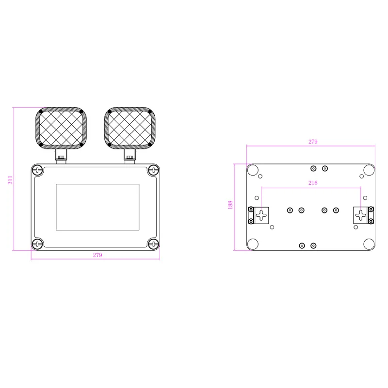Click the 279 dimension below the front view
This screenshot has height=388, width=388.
pyautogui.click(x=97, y=255)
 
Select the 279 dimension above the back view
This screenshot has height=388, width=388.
pyautogui.click(x=313, y=142)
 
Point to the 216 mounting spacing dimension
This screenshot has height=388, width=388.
pyautogui.click(x=313, y=183)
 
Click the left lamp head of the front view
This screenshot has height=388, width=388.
pyautogui.click(x=61, y=128)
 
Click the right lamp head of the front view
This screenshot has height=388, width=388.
pyautogui.click(x=130, y=128)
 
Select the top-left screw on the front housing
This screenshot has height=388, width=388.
pyautogui.click(x=37, y=170)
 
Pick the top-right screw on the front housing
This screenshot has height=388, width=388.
pyautogui.click(x=154, y=170)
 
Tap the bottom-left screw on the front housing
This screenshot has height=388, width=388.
pyautogui.click(x=37, y=243)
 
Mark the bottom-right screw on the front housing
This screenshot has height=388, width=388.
pyautogui.click(x=154, y=243)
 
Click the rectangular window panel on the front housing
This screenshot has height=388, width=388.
pyautogui.click(x=97, y=207)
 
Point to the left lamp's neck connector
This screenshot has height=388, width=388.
pyautogui.click(x=61, y=156)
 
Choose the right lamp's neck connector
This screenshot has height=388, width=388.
pyautogui.click(x=130, y=156)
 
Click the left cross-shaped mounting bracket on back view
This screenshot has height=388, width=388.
pyautogui.click(x=262, y=215)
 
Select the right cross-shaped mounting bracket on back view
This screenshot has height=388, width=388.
pyautogui.click(x=361, y=215)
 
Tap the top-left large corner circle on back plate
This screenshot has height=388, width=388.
pyautogui.click(x=253, y=170)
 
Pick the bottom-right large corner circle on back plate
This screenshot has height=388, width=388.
pyautogui.click(x=369, y=244)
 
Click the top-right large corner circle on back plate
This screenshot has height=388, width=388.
pyautogui.click(x=369, y=170)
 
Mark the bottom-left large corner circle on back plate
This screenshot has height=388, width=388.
pyautogui.click(x=253, y=244)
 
